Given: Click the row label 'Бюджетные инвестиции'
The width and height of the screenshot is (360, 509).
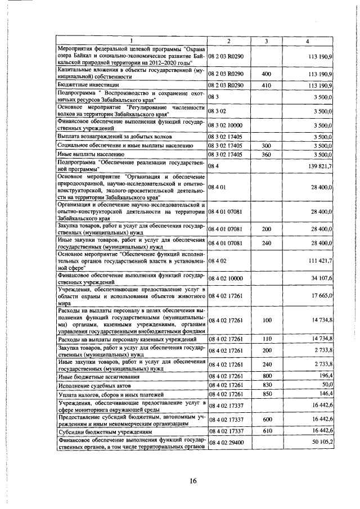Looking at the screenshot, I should click(85, 85).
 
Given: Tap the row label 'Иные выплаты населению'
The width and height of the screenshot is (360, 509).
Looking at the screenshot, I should click(88, 154).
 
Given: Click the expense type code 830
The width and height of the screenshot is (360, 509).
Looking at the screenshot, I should click(266, 385).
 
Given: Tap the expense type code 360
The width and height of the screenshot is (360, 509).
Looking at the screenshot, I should click(266, 154).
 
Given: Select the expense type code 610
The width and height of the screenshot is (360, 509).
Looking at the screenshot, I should click(266, 431).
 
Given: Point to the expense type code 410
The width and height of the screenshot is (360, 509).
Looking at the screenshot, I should click(266, 85).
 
